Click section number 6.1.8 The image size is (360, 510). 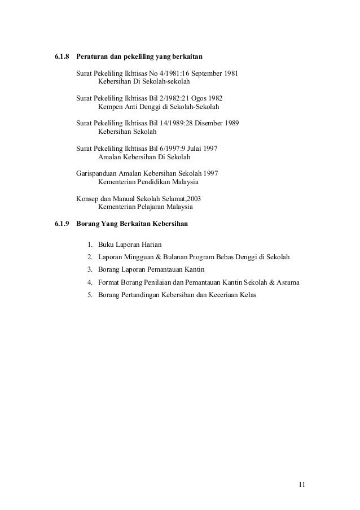[62, 58]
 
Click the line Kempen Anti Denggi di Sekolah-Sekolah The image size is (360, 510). [159, 107]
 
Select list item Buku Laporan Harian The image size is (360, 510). [130, 245]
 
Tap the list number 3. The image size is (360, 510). [90, 269]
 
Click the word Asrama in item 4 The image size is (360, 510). [287, 282]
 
